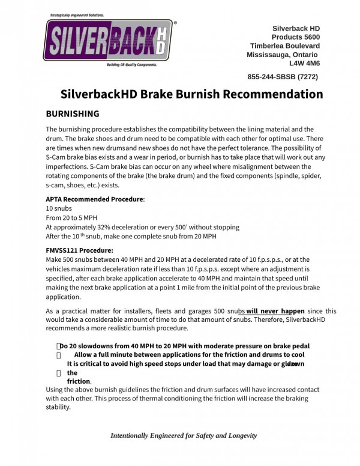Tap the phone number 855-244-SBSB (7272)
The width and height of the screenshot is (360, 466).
tap(283, 77)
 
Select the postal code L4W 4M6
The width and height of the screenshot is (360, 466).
tap(304, 62)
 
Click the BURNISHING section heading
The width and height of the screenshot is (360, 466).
tap(73, 113)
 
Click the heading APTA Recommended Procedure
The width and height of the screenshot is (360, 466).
tap(95, 199)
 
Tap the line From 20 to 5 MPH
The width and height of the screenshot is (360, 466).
tap(71, 217)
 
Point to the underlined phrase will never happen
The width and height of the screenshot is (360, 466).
tap(275, 311)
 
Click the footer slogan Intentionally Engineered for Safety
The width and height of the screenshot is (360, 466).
tap(184, 435)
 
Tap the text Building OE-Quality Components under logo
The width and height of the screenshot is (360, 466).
tap(132, 64)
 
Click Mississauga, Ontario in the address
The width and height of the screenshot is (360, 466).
tap(283, 54)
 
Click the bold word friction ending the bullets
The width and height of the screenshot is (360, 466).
tap(78, 381)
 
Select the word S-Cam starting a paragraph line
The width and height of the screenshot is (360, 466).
tap(56, 157)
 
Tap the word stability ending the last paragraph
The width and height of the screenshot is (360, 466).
tap(58, 407)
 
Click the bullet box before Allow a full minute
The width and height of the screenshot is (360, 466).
tap(59, 355)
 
